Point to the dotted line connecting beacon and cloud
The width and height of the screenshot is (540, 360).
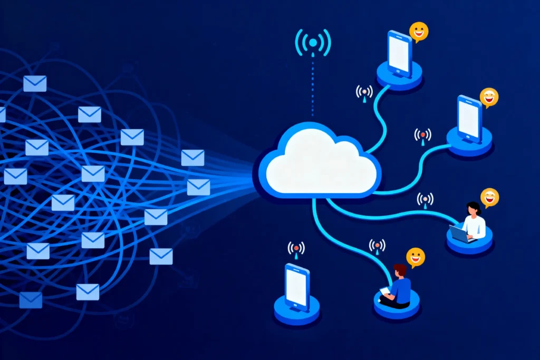click(x=313, y=84)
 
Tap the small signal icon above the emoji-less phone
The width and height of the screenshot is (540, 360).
click(x=296, y=249)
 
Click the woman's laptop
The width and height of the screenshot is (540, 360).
click(x=459, y=233)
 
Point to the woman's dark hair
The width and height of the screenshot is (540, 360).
click(x=474, y=208)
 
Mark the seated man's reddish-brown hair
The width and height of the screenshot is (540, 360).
click(x=400, y=269)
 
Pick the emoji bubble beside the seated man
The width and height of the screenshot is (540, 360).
click(x=416, y=257)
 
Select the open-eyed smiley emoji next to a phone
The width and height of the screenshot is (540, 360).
click(x=419, y=32)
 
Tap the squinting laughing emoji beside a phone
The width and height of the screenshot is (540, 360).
click(x=489, y=98)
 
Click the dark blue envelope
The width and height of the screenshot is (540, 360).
click(x=31, y=300)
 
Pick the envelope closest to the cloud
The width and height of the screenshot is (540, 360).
click(x=198, y=187)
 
